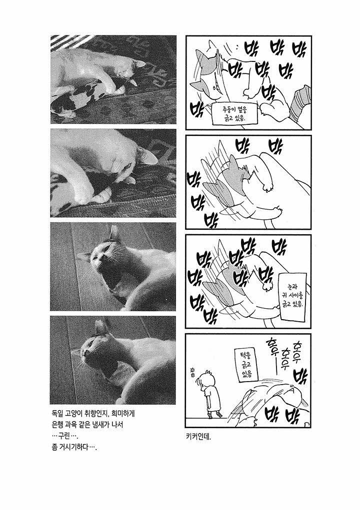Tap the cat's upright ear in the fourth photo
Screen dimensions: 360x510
101,327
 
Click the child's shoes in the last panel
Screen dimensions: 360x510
215,415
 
